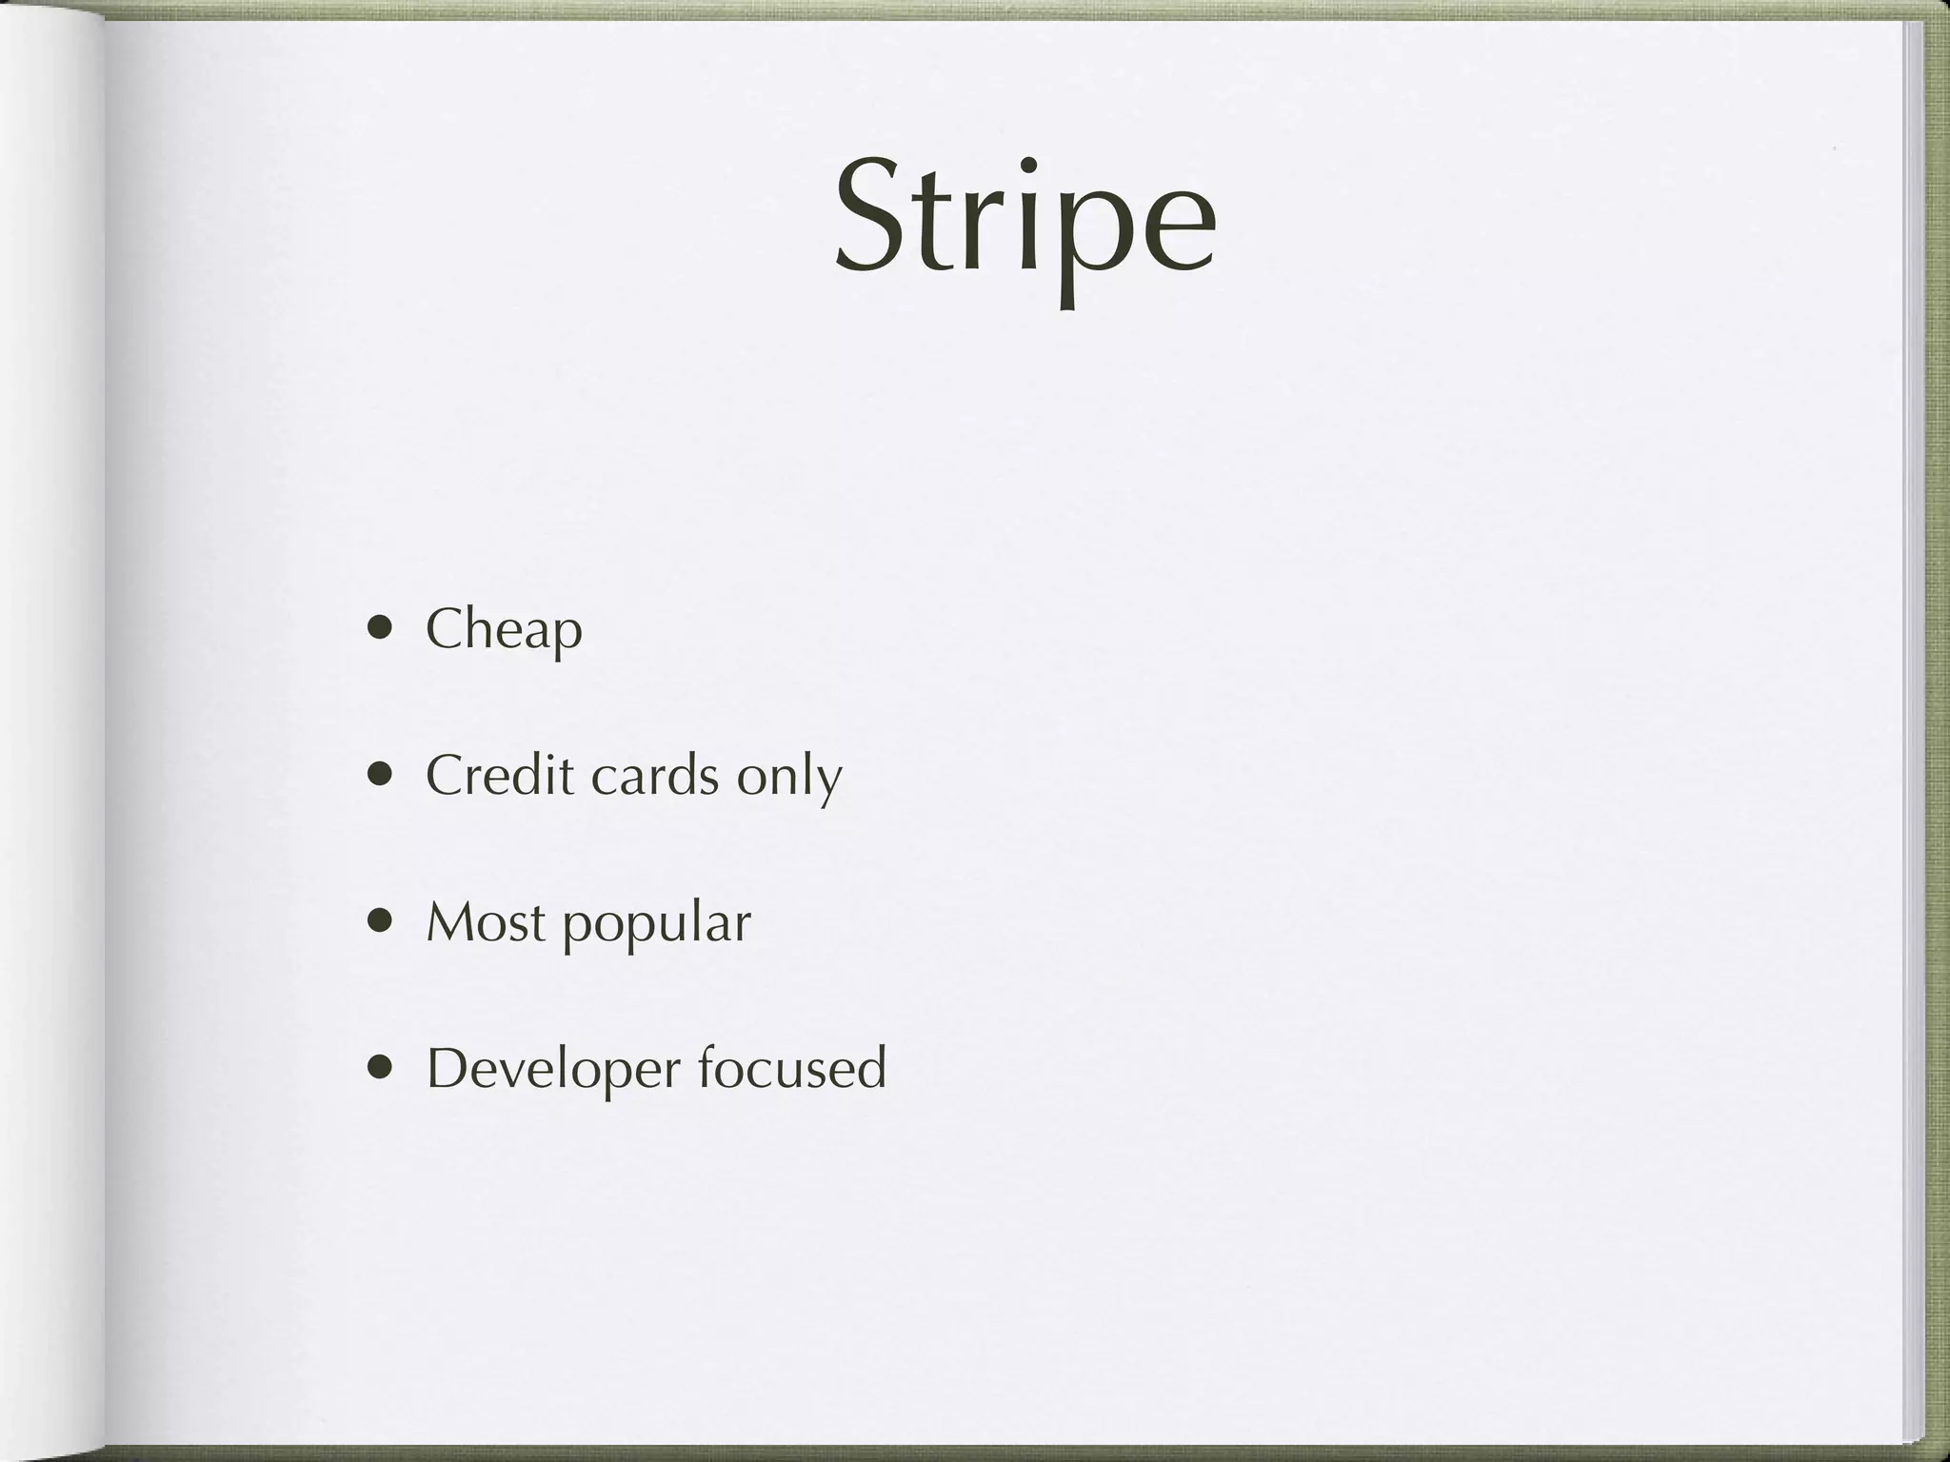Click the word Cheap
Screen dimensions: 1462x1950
504,630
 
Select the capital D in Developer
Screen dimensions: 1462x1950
447,1068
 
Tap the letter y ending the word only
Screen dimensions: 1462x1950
828,782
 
